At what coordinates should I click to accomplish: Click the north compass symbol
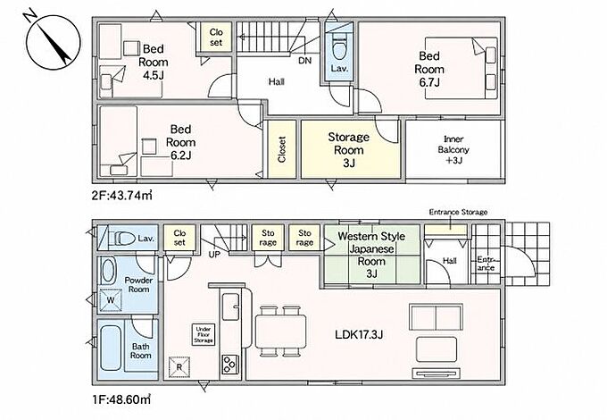pos(53,43)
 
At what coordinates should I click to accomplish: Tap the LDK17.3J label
pos(359,334)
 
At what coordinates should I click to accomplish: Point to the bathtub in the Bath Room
pos(111,348)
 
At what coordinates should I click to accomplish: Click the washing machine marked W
pos(111,300)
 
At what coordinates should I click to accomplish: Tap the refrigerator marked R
pos(179,366)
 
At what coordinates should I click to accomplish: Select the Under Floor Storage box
pos(204,334)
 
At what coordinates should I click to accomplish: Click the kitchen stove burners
pos(230,365)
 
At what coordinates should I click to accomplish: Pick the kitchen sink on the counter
pos(230,307)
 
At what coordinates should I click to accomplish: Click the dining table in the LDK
pos(280,331)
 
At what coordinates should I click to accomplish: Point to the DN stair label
pos(305,61)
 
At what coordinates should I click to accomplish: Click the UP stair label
pos(214,255)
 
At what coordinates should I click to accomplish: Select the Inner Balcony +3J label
pos(453,149)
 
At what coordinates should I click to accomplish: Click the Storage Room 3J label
pos(349,150)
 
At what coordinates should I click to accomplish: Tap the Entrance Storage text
pos(458,212)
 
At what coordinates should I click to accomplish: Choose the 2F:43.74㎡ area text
pos(122,196)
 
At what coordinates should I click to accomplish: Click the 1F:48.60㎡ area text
pos(121,399)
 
